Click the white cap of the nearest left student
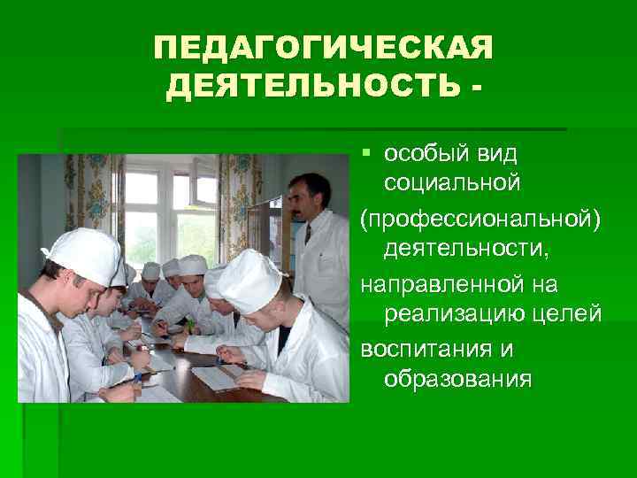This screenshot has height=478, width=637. tap(84, 253)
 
